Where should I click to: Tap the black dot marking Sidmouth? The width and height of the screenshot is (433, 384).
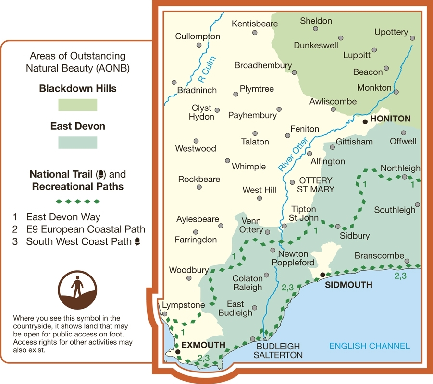[x=323, y=275]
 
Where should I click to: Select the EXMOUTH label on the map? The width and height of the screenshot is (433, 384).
[x=203, y=345]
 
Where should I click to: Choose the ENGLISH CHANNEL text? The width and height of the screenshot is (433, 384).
[x=370, y=346]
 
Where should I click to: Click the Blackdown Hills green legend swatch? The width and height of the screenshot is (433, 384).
[x=77, y=105]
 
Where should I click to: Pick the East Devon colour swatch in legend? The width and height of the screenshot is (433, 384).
[x=77, y=143]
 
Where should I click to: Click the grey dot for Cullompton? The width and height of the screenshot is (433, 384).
[x=198, y=46]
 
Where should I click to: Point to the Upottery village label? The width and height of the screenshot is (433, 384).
[x=391, y=32]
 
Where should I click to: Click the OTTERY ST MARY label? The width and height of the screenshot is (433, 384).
[x=315, y=185]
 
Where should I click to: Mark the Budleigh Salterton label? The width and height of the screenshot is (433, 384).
[x=278, y=350]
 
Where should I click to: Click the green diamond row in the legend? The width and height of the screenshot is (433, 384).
[x=77, y=201]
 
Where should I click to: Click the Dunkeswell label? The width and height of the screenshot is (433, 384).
[x=316, y=45]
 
